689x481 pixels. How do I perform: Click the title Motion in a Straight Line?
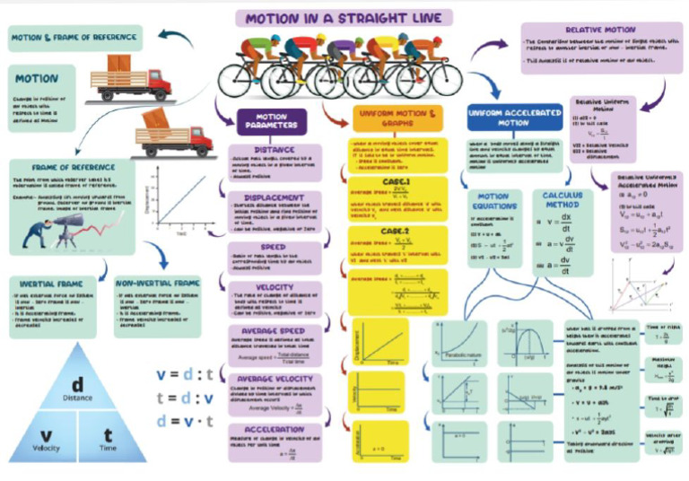click(344, 18)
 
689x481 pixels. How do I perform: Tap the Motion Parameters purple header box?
click(272, 122)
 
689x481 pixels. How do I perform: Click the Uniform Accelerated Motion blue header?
click(501, 118)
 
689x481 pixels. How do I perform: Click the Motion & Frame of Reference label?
click(66, 38)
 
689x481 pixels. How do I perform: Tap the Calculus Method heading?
click(563, 202)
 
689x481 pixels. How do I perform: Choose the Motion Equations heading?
click(493, 202)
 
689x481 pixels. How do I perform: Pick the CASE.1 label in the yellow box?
click(395, 182)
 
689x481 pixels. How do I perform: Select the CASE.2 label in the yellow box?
click(395, 231)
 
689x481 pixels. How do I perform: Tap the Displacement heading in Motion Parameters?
click(273, 198)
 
